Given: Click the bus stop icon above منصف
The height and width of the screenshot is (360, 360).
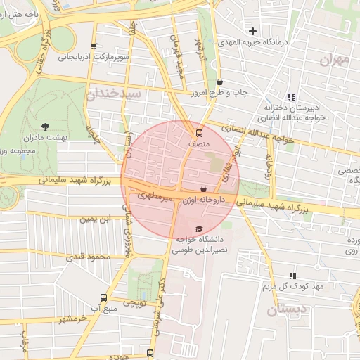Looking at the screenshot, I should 199,131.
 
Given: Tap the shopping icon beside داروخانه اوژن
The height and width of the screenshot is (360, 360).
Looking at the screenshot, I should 204,188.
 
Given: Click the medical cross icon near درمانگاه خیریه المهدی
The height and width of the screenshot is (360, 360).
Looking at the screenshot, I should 253,31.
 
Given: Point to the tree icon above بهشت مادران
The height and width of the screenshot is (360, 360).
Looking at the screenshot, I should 46,127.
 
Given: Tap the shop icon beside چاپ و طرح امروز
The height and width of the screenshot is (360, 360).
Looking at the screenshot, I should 220,82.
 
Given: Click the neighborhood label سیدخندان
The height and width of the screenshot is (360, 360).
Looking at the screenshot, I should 115,93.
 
